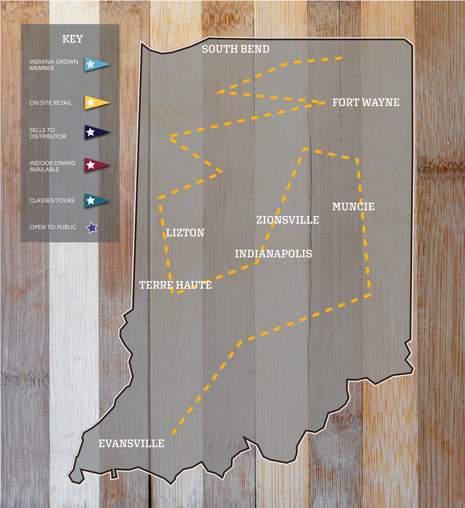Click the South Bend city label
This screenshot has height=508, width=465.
pos(235,49)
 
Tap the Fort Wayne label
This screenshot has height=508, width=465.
pos(365,102)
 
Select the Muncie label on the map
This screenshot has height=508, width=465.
pos(353,207)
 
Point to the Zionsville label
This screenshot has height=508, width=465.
pos(287,220)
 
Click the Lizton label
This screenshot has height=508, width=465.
pos(185,233)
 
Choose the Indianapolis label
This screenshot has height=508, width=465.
pos(273,254)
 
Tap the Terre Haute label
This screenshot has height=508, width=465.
pos(175,285)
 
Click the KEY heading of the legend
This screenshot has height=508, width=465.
pos(72,39)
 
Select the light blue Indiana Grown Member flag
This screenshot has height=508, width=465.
pos(96,64)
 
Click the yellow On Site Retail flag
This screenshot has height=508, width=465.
pos(96,102)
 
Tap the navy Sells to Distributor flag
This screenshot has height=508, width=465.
pos(96,132)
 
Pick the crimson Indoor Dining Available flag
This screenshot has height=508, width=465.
pos(96,165)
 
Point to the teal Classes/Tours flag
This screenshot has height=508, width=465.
pos(96,201)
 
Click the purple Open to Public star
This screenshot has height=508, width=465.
pos(91,228)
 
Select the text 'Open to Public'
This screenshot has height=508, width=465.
pos(53,227)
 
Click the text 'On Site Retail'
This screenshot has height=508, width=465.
pos(50,103)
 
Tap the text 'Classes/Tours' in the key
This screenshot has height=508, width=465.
pos(52,201)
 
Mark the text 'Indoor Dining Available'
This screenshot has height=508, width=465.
pos(52,166)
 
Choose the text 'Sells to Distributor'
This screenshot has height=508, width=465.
pos(47,133)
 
